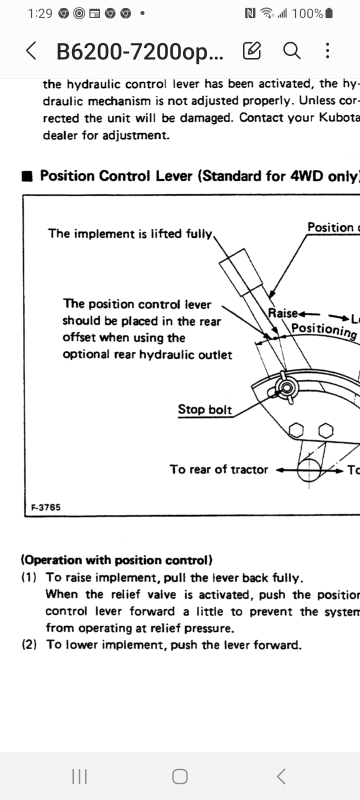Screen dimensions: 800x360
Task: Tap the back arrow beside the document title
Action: (x=31, y=50)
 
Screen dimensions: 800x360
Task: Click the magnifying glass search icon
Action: (x=291, y=50)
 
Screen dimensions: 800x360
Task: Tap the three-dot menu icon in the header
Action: (x=327, y=50)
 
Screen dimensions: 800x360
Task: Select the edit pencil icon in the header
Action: (x=252, y=50)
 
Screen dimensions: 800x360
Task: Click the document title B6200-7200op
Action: (x=140, y=51)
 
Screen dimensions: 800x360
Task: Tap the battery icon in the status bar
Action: (x=328, y=13)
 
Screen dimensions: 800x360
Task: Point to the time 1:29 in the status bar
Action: (x=40, y=13)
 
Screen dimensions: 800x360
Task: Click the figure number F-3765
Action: (x=45, y=507)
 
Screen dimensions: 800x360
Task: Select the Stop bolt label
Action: (x=205, y=409)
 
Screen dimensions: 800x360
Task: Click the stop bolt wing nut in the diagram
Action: (x=287, y=388)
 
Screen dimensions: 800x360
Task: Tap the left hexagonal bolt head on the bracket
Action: (x=296, y=429)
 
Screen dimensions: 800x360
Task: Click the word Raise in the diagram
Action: (x=283, y=313)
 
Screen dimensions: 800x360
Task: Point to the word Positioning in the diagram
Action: (x=324, y=329)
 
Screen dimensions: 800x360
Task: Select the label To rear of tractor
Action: (x=219, y=469)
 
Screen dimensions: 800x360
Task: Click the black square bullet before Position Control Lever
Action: (x=28, y=176)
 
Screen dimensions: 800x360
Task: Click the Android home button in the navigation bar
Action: (x=180, y=776)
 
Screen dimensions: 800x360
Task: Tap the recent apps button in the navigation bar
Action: (x=79, y=776)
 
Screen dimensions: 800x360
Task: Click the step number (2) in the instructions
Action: (x=29, y=644)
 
